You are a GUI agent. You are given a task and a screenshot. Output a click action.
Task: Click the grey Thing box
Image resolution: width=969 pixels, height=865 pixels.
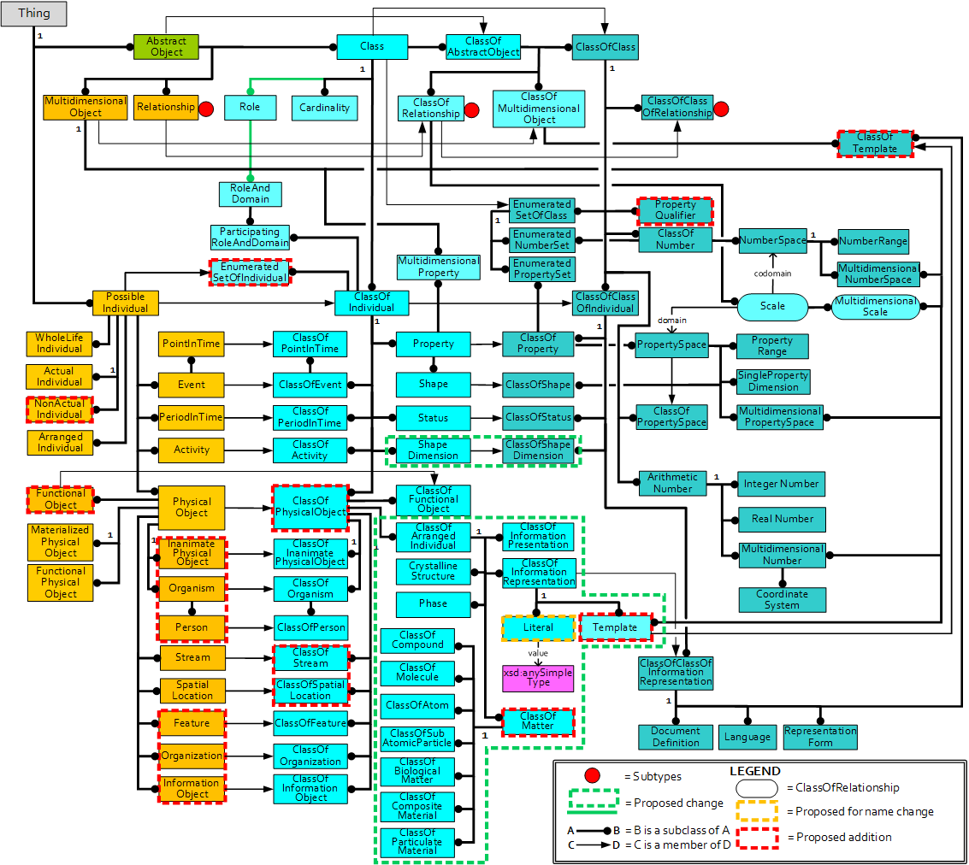pos(34,14)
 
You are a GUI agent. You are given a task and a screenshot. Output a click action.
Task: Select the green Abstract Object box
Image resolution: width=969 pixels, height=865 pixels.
pos(166,46)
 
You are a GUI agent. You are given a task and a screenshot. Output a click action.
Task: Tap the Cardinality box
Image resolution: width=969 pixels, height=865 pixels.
pos(325,108)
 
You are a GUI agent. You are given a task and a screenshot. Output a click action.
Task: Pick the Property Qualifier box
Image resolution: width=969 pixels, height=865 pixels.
pos(675,210)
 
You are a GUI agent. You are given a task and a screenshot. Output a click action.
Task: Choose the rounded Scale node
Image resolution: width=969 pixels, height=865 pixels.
pos(772,306)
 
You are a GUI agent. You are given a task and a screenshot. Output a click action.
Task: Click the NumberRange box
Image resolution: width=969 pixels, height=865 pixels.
pos(872,241)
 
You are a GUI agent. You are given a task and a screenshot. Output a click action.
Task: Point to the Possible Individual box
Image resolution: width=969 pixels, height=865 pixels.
pos(126,303)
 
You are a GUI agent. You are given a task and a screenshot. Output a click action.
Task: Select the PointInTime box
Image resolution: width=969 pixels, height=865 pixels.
pos(191,344)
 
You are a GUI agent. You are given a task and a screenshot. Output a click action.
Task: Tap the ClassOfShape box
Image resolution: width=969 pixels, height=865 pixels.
pos(538,385)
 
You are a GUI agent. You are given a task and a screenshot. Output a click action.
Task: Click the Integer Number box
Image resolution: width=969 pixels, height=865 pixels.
pos(782,484)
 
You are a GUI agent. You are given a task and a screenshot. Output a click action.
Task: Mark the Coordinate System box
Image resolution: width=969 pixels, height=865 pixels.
pos(783,599)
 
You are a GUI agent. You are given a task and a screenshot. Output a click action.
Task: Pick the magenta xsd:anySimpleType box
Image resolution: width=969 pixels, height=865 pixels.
pos(538,678)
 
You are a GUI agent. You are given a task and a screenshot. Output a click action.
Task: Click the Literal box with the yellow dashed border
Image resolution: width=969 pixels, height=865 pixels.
pos(538,627)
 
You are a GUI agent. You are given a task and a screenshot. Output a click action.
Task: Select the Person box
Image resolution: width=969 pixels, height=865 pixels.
pos(192,627)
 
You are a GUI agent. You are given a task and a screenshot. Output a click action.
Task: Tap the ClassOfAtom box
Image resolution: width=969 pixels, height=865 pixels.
pos(417,705)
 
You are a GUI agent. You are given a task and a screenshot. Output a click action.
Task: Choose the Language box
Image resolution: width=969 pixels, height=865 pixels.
pos(747,737)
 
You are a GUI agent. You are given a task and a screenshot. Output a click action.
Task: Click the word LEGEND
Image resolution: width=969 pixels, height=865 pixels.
pos(754,771)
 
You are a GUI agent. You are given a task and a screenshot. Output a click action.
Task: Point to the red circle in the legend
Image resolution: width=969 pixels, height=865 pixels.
pos(591,776)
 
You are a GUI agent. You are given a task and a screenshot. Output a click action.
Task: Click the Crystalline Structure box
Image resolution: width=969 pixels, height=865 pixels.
pos(433,571)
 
